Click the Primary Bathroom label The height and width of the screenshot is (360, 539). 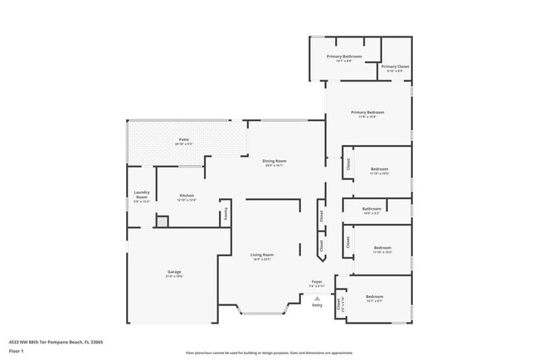tap(343, 56)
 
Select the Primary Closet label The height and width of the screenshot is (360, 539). tap(395, 66)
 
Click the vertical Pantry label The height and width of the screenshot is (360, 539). tap(223, 214)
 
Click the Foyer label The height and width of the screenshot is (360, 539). tap(317, 282)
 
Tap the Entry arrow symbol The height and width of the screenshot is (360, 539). tap(317, 297)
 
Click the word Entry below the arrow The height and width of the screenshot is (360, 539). tap(317, 305)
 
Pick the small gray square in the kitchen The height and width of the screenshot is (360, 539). tap(163, 221)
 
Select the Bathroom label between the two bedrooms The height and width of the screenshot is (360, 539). tap(371, 209)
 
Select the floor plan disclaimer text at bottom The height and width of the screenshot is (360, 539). tap(269, 353)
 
